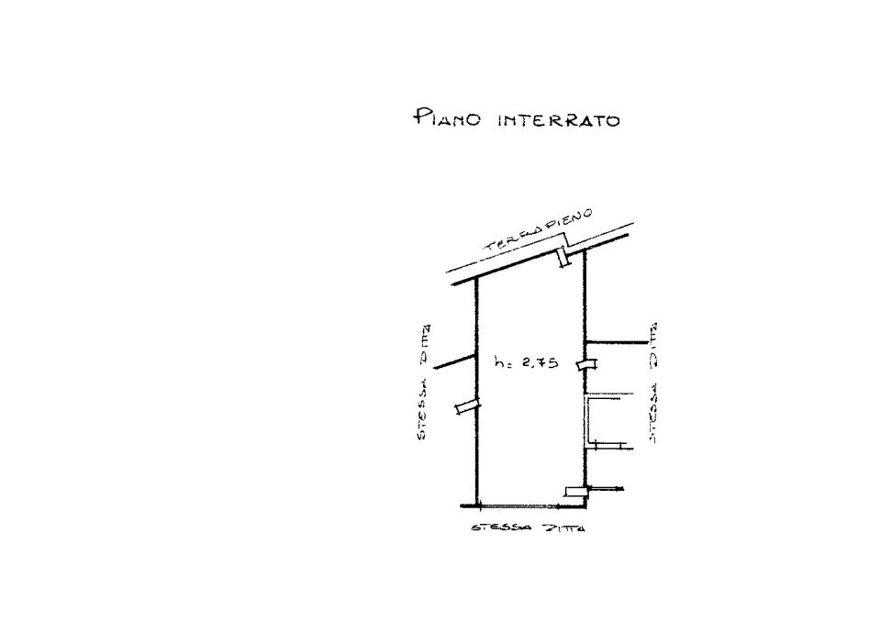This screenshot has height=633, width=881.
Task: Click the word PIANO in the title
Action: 447,117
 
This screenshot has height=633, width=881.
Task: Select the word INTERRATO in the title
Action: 559,120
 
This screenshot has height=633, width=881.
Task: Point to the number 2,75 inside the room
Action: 540,362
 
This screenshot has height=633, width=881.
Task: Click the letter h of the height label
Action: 499,361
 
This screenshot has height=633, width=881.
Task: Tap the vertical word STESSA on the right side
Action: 652,414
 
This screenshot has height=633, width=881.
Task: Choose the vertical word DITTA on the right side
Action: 652,344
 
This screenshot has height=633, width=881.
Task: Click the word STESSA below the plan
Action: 501,528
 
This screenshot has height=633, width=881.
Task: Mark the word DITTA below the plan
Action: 562,528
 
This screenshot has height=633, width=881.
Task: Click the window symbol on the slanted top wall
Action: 563,257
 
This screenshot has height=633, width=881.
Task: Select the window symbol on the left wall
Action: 467,407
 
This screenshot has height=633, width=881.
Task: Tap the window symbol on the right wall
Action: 587,364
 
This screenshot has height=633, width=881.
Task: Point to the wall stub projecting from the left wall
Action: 456,361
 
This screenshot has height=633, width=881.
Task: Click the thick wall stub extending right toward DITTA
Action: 617,342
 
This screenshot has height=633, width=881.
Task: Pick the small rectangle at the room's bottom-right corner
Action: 575,492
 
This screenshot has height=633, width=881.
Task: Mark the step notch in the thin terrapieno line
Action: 567,239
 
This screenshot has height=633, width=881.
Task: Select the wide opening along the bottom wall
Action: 531,506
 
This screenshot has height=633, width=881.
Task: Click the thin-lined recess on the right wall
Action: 602,422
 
